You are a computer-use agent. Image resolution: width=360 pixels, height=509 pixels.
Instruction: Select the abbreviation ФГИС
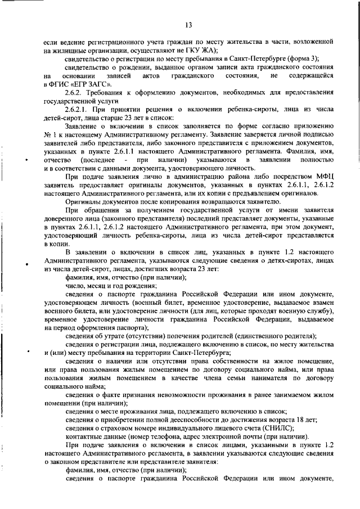[58, 83]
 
